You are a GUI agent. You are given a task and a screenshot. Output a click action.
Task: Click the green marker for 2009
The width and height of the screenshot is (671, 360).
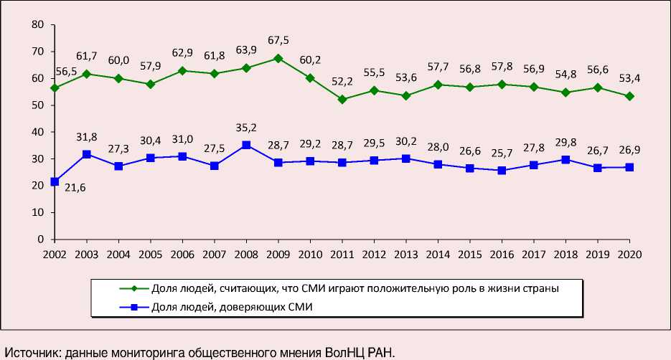coord(278,58)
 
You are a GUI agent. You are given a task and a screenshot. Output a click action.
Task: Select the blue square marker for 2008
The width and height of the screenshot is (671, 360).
coord(246,145)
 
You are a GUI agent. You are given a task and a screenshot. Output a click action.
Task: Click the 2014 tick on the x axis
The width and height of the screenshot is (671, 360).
coord(438,254)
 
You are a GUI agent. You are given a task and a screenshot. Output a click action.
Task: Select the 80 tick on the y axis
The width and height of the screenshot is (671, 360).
coord(39,25)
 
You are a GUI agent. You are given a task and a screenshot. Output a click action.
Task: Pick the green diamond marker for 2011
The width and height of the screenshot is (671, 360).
coord(342,99)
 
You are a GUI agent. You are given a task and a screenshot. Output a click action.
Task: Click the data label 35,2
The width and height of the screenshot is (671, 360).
coord(247,128)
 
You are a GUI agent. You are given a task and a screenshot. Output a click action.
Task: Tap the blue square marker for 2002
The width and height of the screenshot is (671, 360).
coord(55,181)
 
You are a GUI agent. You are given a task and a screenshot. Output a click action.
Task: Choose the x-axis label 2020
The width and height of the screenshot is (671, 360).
coord(629,254)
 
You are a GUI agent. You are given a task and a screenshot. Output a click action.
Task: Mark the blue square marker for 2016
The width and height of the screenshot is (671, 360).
coord(502,171)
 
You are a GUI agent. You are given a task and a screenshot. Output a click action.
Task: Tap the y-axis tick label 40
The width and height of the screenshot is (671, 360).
coord(39,132)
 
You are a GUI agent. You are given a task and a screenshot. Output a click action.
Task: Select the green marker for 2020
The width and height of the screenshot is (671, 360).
coord(629,96)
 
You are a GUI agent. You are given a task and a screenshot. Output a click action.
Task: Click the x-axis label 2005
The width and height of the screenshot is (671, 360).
coord(151,254)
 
